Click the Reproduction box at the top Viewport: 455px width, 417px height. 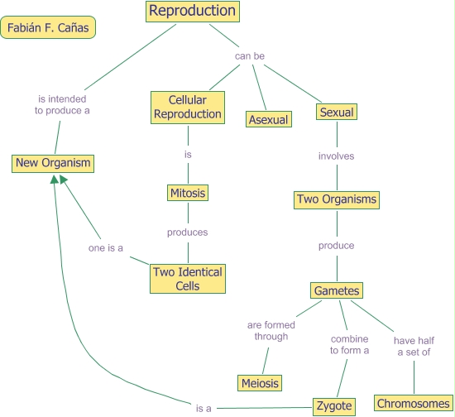193,12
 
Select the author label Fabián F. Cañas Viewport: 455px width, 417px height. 49,28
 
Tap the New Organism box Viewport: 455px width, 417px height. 53,163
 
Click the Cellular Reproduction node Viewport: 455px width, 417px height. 187,108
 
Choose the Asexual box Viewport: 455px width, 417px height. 269,120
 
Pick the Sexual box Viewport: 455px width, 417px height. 336,112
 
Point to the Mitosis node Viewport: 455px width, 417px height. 187,194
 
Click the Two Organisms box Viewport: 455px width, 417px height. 336,199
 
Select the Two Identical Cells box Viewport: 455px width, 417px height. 187,279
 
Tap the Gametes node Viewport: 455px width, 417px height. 337,290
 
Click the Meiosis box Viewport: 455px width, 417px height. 260,383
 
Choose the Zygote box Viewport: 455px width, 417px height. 335,406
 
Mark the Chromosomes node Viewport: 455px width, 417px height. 414,404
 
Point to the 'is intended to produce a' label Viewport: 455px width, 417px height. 62,104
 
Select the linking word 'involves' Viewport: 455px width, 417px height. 337,156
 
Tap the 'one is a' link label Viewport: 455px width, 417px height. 107,248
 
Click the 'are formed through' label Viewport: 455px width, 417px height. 271,331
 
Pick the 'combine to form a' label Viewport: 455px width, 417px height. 350,344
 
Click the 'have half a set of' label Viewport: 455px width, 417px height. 413,346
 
